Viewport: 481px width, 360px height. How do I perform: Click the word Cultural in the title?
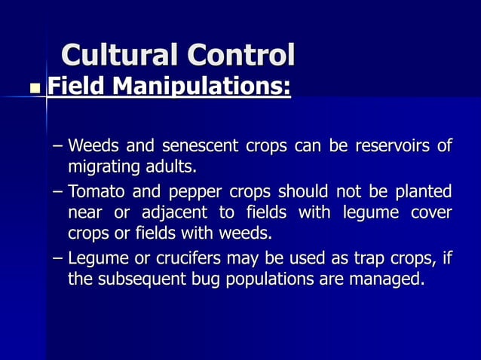point(119,56)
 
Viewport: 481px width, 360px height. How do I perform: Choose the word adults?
point(178,163)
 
